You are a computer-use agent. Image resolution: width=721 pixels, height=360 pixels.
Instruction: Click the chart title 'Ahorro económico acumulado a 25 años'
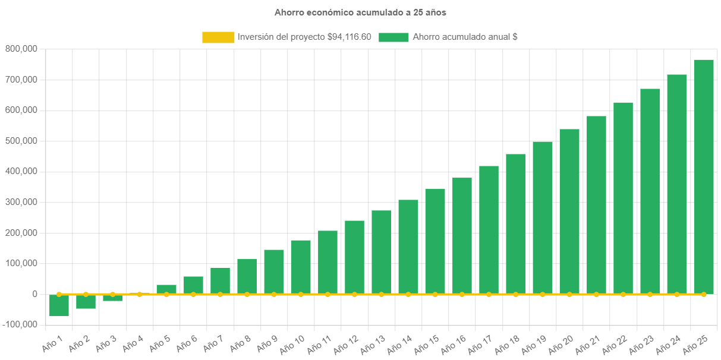coord(360,12)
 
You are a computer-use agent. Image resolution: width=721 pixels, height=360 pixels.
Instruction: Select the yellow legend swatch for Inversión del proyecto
coord(218,37)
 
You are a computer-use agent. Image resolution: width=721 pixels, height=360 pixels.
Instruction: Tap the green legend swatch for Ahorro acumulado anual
coord(393,37)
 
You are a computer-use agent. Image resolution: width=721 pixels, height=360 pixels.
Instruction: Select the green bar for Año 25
coord(703,178)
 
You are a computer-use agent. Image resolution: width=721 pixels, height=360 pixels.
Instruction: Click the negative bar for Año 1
coord(59,305)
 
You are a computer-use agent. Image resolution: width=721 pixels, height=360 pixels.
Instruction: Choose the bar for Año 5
coord(166,289)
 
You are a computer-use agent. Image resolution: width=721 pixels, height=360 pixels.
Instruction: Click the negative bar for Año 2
coord(86,302)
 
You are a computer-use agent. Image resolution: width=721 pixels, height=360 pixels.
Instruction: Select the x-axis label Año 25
coord(694,343)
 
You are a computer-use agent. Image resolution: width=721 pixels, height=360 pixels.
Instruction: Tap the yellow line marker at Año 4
coord(140,294)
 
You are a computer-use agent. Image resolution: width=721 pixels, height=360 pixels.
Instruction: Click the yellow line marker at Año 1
coord(59,294)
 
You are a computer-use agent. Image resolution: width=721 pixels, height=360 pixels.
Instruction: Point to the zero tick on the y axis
coord(34,294)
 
